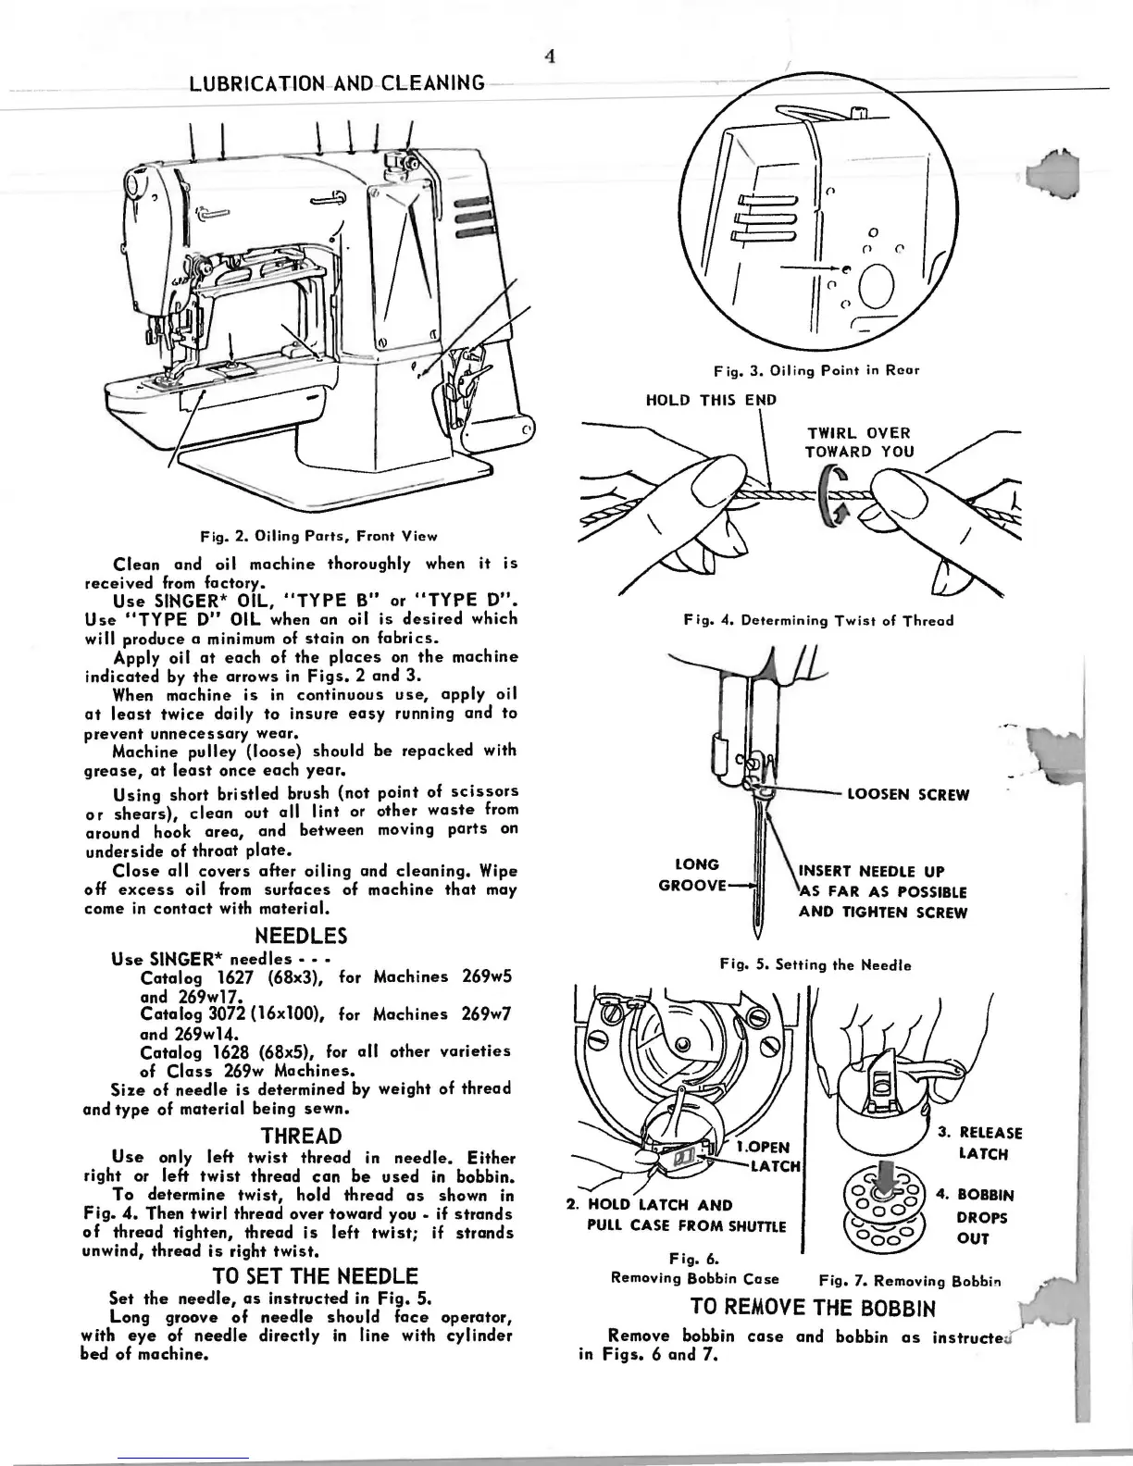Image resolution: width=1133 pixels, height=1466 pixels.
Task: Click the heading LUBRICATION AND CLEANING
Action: click(x=336, y=84)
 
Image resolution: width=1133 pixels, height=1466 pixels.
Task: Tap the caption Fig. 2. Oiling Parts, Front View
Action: click(x=319, y=535)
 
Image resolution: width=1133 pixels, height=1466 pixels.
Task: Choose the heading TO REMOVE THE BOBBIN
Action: click(x=813, y=1308)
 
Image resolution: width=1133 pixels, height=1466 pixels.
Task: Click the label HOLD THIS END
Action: click(x=711, y=400)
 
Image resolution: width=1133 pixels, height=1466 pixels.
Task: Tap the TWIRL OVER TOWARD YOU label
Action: click(x=859, y=442)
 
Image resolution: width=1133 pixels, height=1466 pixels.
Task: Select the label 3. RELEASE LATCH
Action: click(x=978, y=1143)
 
